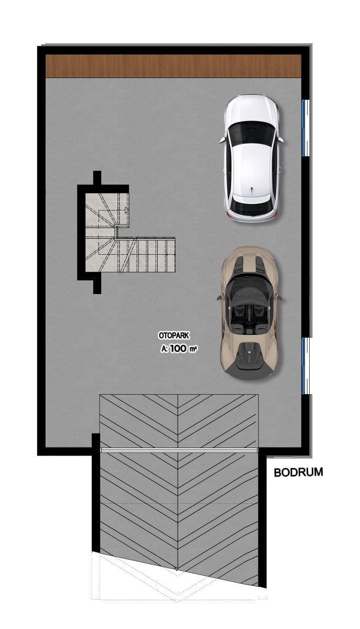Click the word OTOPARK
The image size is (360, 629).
(174, 335)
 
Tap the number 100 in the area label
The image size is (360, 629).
(178, 349)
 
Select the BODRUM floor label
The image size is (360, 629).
(299, 472)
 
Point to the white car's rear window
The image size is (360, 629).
(252, 207)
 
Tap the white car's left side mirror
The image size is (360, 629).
(222, 139)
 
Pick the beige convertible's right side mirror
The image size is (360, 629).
(279, 297)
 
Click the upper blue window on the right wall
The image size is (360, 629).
(303, 128)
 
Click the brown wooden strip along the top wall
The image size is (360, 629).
(173, 66)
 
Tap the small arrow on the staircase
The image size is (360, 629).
(127, 210)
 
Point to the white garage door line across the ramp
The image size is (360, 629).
(179, 450)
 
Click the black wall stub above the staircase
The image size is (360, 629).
(97, 178)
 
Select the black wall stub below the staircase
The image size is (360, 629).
(97, 286)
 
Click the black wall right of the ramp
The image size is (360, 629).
(263, 517)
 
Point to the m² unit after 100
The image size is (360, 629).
(193, 349)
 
